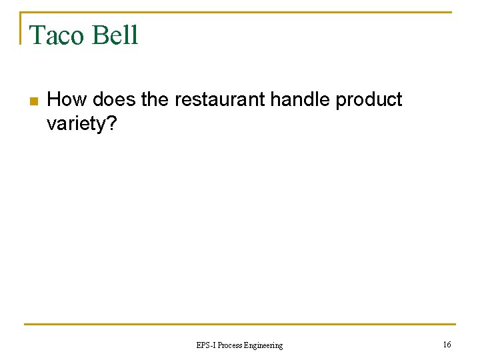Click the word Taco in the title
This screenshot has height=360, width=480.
click(57, 35)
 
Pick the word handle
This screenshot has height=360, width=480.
click(299, 100)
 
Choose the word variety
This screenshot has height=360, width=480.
click(75, 125)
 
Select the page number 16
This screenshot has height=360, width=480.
click(447, 344)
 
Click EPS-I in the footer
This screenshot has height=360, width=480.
click(205, 345)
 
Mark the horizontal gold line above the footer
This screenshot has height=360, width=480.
click(240, 325)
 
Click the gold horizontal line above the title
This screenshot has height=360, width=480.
click(267, 12)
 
